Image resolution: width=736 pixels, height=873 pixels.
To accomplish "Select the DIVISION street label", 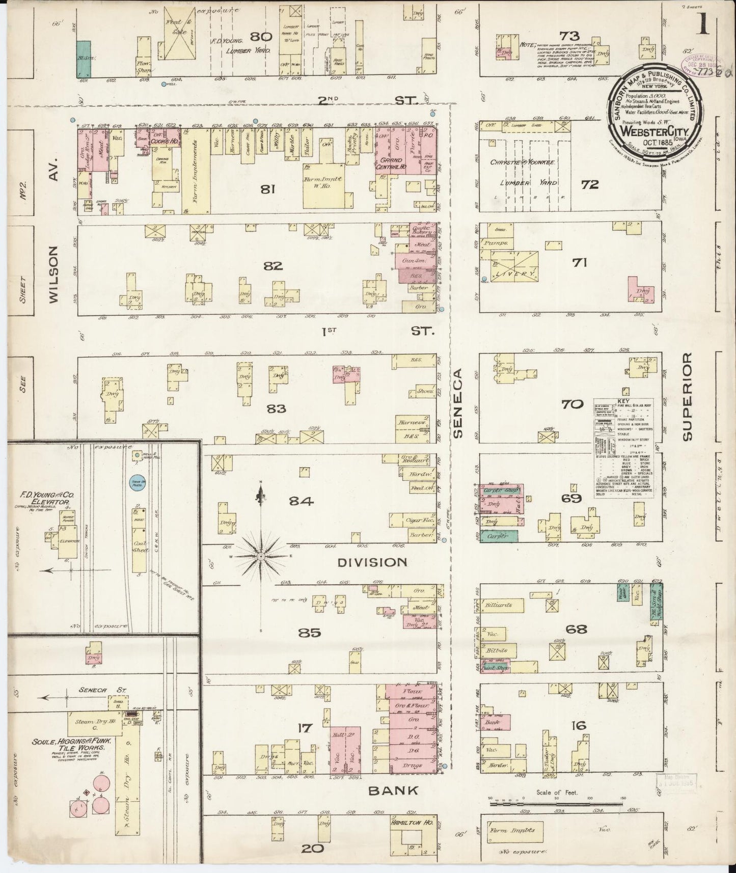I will [x=373, y=562].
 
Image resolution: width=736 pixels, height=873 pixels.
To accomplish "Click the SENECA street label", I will [x=457, y=402].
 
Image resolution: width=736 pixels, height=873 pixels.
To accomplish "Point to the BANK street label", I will [x=401, y=790].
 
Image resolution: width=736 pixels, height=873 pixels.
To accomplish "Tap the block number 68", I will [x=576, y=630].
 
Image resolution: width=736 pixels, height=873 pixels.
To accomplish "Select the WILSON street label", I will [x=56, y=275].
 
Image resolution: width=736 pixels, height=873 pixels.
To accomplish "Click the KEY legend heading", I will [x=623, y=401].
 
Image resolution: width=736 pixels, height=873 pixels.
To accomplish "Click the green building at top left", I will [x=84, y=59].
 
